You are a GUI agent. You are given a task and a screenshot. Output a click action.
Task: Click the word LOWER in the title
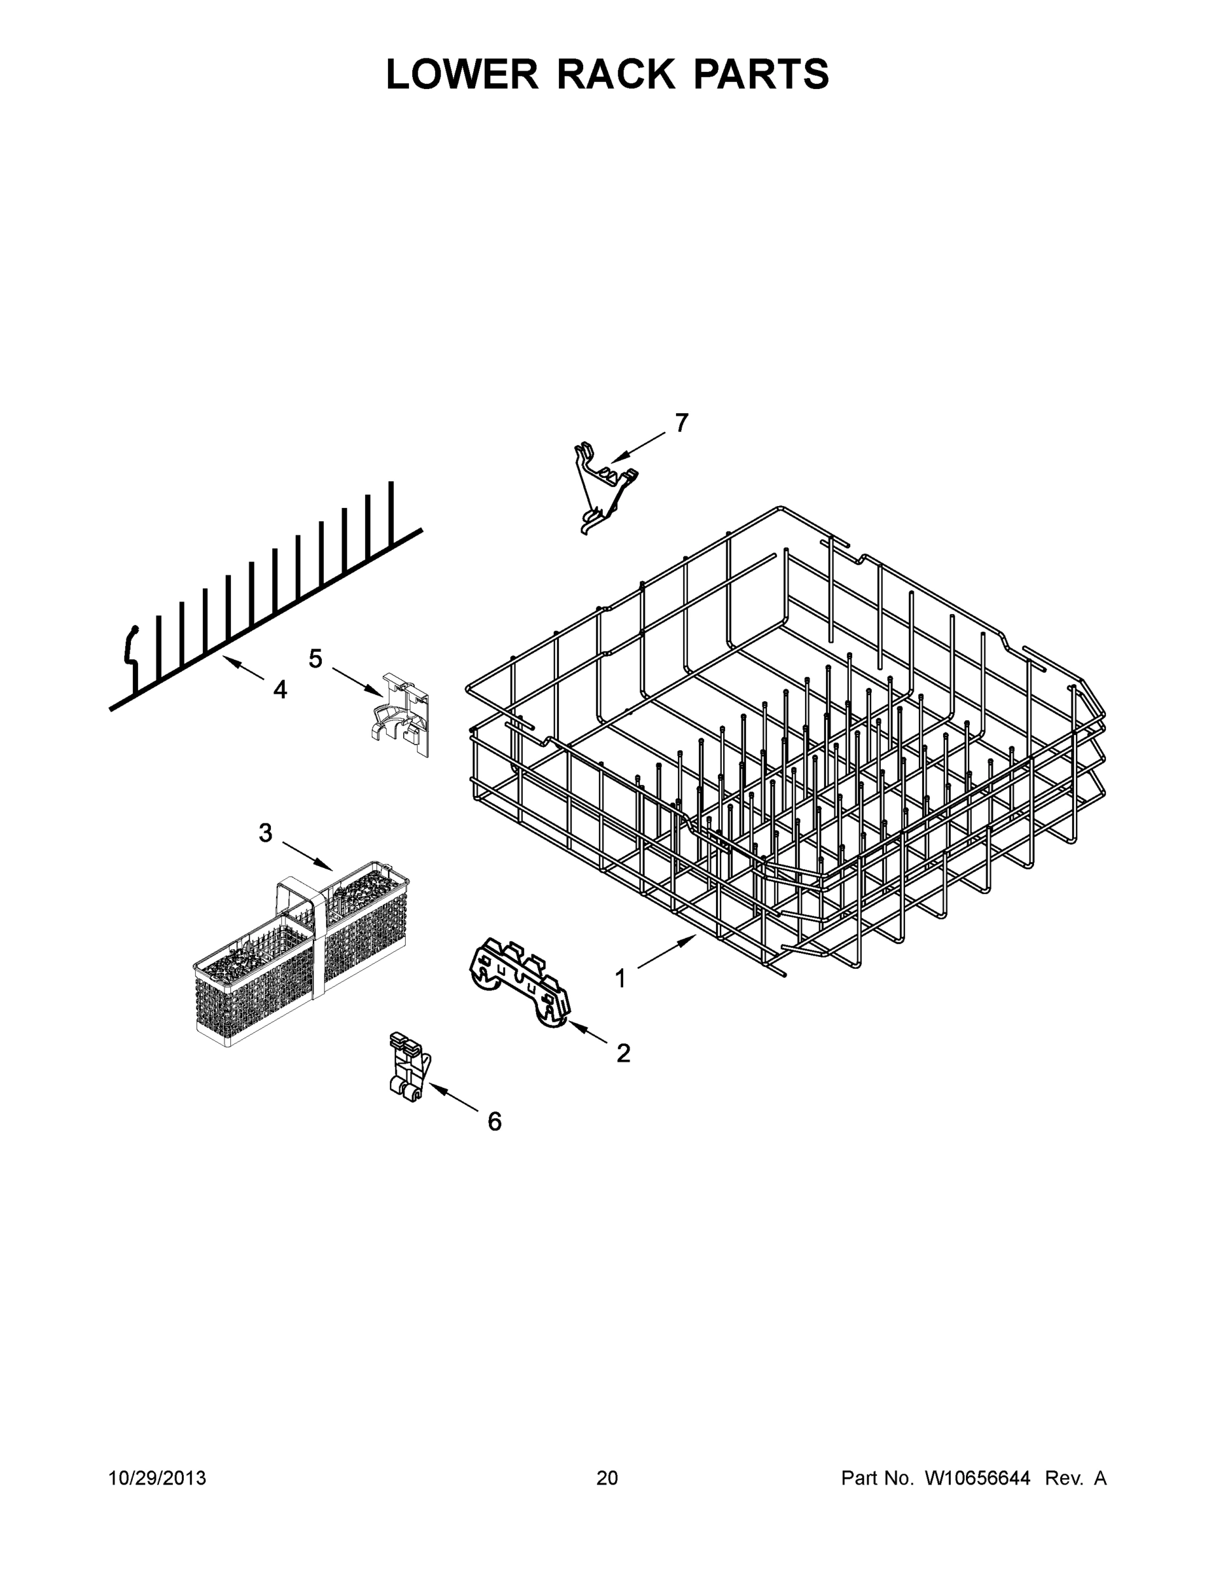(462, 74)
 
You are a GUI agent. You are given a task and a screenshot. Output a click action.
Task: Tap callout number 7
(681, 423)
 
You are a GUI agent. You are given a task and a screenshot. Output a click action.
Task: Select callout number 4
(279, 690)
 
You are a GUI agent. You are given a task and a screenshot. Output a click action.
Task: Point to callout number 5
(315, 658)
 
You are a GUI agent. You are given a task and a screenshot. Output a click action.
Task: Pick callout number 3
(266, 833)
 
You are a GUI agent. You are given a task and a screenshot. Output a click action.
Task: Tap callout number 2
(623, 1053)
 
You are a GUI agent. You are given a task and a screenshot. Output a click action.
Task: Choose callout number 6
(494, 1121)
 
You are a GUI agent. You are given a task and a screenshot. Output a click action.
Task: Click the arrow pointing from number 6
(455, 1100)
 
